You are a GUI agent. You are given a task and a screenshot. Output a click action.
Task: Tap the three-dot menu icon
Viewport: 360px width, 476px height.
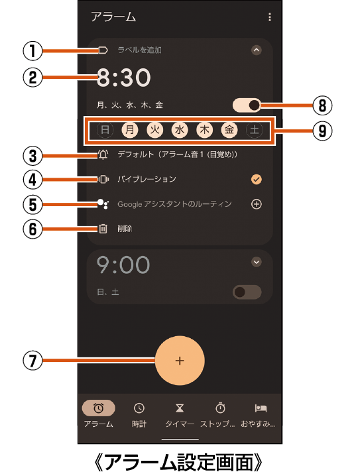click(270, 17)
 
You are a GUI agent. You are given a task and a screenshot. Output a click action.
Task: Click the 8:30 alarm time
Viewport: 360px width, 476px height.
click(123, 78)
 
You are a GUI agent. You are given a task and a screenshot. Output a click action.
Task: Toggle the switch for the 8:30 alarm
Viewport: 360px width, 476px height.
click(247, 105)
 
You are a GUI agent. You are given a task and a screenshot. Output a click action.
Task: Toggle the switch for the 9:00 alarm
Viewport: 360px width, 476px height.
click(247, 292)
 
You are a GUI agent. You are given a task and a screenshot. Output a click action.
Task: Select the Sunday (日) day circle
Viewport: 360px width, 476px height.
click(105, 130)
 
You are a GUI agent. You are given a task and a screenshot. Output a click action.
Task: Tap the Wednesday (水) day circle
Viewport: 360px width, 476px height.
click(180, 130)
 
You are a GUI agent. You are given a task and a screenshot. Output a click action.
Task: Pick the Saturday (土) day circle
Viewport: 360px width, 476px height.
click(255, 130)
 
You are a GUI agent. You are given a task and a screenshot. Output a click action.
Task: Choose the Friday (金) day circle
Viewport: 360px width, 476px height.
click(229, 130)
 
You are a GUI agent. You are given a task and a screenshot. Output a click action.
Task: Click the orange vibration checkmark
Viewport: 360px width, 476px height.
click(257, 180)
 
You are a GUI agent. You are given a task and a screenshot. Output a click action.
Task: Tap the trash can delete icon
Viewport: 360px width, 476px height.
click(103, 228)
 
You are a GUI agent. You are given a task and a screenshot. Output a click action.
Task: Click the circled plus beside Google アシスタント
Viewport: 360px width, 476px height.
click(257, 204)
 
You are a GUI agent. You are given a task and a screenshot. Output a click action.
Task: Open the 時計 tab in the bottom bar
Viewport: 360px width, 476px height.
click(139, 415)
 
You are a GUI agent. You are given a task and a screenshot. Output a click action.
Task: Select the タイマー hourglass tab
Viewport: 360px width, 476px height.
click(180, 415)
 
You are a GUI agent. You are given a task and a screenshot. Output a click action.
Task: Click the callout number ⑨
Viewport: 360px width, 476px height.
click(322, 131)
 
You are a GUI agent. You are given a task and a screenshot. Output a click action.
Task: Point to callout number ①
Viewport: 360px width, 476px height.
click(32, 50)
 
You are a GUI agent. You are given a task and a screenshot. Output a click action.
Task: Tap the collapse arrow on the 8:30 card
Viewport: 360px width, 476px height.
click(257, 50)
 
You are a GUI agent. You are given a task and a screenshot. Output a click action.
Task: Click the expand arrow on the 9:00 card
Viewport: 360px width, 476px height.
click(257, 262)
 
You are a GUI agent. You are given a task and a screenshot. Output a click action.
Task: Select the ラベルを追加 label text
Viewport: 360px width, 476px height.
click(140, 50)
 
